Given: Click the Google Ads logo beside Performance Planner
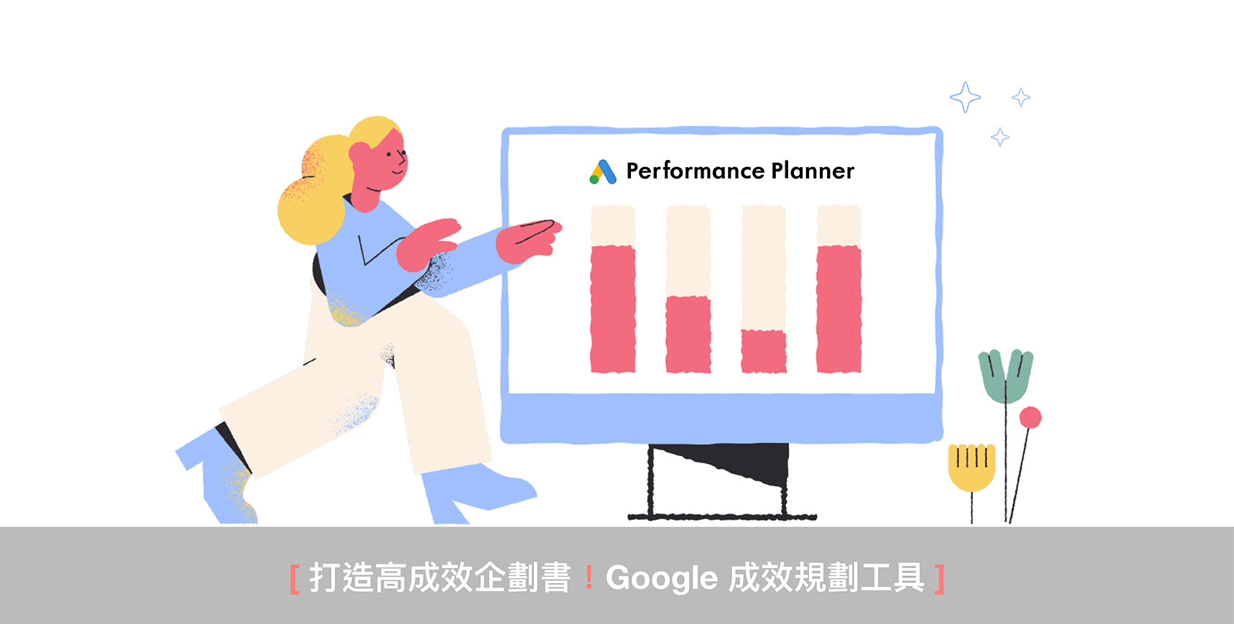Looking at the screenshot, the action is tap(603, 172).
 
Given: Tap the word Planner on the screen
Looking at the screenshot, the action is tap(813, 171).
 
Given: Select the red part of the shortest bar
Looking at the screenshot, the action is tap(764, 351).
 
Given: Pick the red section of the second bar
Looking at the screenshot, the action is tap(688, 334).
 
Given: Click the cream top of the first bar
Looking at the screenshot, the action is tap(613, 225).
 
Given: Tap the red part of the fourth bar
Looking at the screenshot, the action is tap(839, 309).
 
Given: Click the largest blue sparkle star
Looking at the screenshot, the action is tap(966, 97).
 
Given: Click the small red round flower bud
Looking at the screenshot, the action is tap(1030, 417).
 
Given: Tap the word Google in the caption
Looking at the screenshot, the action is tap(662, 578).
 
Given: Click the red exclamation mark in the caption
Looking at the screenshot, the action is tap(589, 577).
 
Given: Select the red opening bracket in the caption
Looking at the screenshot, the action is tap(294, 579).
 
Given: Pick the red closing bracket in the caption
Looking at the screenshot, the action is tap(940, 579).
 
